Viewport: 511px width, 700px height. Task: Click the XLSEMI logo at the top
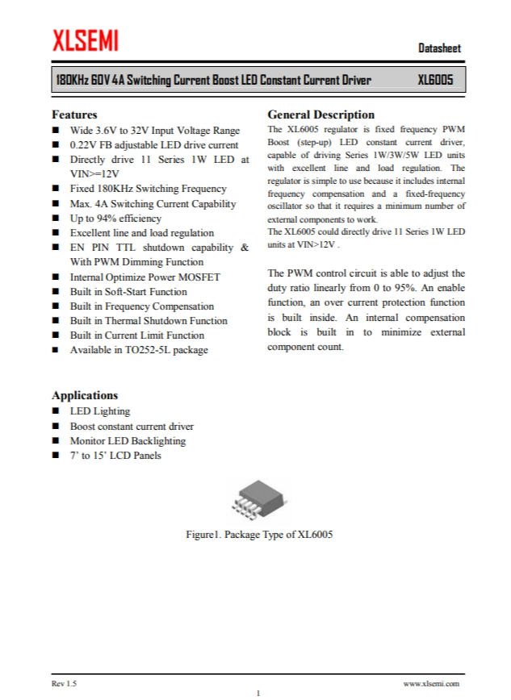(86, 40)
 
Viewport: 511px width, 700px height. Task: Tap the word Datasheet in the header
(440, 48)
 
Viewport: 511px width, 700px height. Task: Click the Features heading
(74, 115)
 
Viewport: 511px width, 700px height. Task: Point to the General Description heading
(320, 115)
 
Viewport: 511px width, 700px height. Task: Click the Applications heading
(85, 395)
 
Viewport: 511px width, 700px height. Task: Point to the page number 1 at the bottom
(258, 693)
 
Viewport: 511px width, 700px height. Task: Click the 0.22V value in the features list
(85, 145)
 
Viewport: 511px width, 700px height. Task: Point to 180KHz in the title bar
(70, 80)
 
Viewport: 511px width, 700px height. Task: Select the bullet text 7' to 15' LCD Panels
(115, 456)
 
